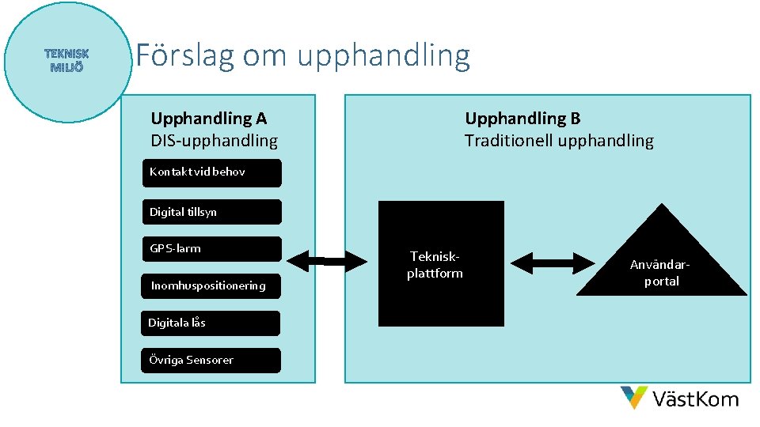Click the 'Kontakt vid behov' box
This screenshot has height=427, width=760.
211,172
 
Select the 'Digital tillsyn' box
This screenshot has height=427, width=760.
211,212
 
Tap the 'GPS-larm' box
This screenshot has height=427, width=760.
211,248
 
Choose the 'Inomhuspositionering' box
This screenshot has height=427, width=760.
211,285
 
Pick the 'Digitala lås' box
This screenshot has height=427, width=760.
211,323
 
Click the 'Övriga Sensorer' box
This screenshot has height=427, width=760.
211,360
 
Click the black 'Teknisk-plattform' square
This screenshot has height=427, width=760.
441,263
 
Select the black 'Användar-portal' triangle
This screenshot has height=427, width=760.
661,261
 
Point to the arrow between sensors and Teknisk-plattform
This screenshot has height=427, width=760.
326,260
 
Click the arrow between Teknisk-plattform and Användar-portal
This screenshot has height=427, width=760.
553,263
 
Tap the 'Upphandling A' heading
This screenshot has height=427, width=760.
209,119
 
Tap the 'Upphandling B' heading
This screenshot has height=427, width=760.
522,119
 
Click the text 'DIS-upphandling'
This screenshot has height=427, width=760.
215,141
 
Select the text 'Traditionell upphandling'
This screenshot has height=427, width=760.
559,141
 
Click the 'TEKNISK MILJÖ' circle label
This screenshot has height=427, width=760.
67,60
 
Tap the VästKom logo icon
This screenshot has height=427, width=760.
634,397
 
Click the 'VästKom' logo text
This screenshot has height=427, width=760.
695,399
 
